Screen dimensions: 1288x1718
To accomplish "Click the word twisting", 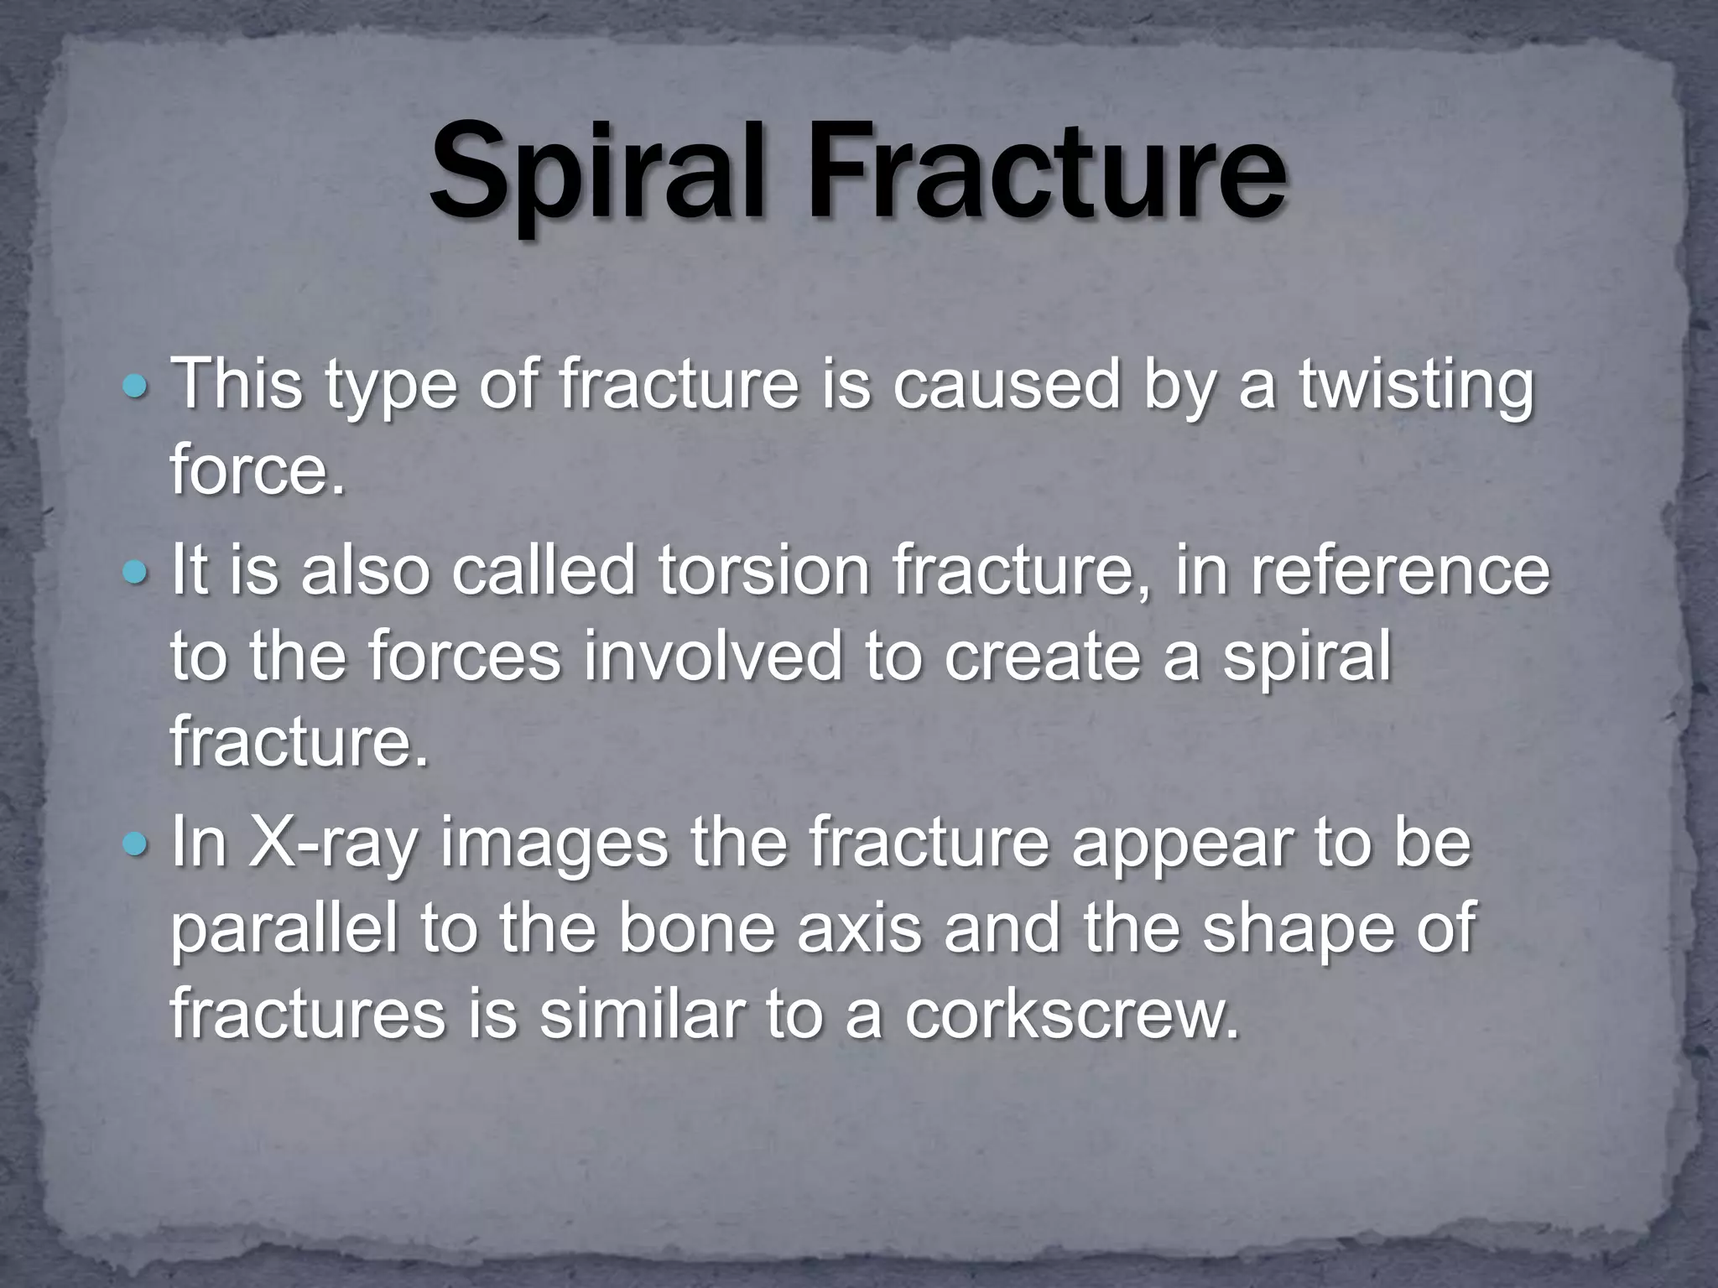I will (1416, 386).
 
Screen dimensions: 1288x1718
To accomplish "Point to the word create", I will (1042, 657).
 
